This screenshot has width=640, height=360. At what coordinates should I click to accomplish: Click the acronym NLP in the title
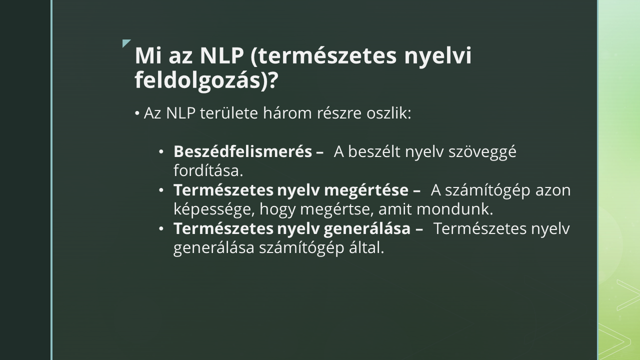[221, 55]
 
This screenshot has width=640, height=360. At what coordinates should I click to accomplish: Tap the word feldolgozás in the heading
[197, 80]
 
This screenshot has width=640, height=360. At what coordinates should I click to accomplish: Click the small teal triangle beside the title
[126, 43]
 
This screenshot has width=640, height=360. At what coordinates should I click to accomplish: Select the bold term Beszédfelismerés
[242, 151]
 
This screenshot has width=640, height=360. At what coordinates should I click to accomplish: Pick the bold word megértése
[366, 190]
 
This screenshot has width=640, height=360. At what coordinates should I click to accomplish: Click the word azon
[553, 190]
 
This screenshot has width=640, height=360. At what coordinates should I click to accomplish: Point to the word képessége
[211, 209]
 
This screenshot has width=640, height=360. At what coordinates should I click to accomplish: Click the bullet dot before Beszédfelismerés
[161, 151]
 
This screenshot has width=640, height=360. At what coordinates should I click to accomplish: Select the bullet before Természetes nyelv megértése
[161, 190]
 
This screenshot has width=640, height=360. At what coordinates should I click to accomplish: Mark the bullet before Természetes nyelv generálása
[161, 229]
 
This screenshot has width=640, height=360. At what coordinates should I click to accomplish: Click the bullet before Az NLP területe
[137, 113]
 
